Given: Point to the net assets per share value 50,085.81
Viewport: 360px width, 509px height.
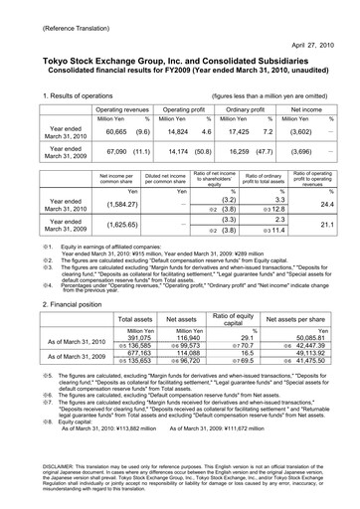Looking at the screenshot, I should tap(314, 309).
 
